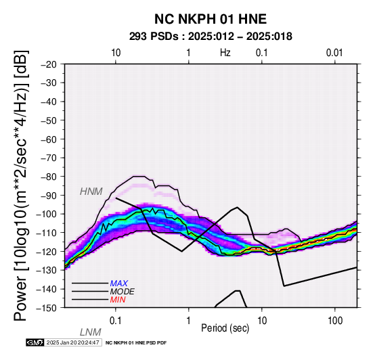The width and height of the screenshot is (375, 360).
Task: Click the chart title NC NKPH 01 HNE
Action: (x=211, y=19)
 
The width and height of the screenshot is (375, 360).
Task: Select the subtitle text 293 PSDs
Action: (x=154, y=37)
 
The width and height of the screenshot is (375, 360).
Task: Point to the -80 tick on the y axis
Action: (x=49, y=177)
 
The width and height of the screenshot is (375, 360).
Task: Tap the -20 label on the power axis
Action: (x=49, y=64)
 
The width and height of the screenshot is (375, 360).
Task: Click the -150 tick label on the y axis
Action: (x=47, y=308)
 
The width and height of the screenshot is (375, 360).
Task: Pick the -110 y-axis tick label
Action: (x=47, y=233)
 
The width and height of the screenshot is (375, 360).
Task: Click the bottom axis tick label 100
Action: (x=335, y=321)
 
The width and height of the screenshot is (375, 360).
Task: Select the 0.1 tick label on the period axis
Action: (x=116, y=321)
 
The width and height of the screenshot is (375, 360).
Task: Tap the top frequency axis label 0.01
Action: (x=334, y=53)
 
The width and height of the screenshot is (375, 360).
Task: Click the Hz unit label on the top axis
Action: (x=225, y=53)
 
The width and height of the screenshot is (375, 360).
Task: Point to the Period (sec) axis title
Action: (x=225, y=328)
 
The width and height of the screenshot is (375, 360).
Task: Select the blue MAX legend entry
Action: (x=119, y=284)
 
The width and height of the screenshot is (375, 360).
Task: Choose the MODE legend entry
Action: (x=123, y=292)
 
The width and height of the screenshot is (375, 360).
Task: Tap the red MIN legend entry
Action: (x=118, y=300)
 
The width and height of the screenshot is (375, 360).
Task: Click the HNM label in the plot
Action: (x=91, y=192)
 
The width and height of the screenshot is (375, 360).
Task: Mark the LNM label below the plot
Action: (x=91, y=332)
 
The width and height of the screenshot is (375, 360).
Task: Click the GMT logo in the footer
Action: (x=35, y=342)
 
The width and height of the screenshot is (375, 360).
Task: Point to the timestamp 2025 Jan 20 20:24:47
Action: (x=72, y=342)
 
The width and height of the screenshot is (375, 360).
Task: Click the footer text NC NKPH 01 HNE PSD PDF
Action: (x=136, y=343)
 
